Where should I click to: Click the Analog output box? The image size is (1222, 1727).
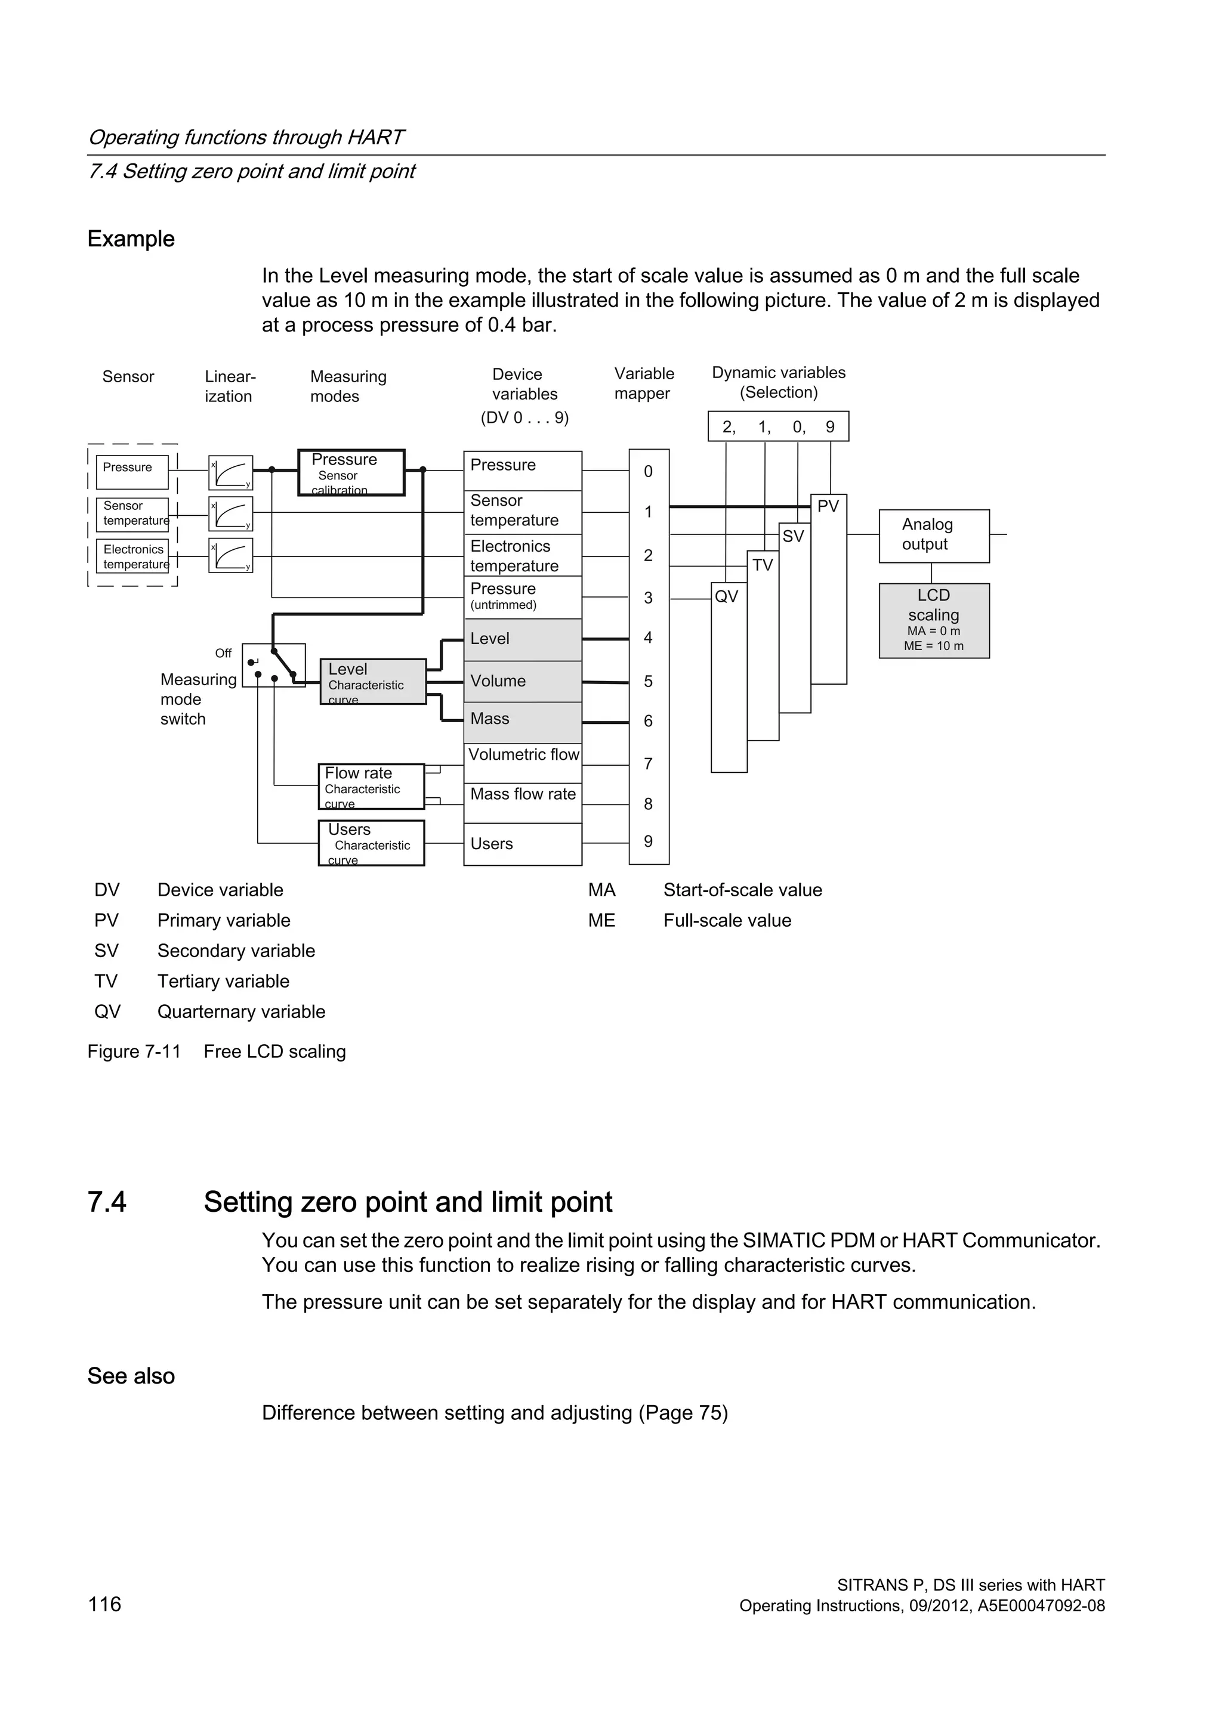click(x=934, y=536)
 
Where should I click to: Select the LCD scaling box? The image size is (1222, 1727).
click(x=934, y=621)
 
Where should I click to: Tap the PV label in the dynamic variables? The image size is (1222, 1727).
click(x=828, y=506)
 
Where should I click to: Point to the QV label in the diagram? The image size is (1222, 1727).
click(x=726, y=596)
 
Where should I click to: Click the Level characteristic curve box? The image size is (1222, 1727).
click(x=373, y=682)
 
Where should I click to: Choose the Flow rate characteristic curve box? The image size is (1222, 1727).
click(x=371, y=786)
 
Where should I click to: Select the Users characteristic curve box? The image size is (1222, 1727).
click(x=371, y=843)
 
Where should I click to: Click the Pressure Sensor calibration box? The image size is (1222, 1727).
click(x=351, y=472)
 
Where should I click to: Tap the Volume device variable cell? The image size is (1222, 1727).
click(x=523, y=682)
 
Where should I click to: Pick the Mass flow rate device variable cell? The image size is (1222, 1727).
click(x=523, y=794)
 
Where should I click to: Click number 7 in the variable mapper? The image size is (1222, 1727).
click(x=648, y=765)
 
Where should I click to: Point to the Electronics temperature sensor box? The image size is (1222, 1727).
click(x=132, y=556)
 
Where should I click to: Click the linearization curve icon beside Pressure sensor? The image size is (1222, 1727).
click(x=230, y=472)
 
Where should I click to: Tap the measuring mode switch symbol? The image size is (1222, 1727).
click(x=274, y=665)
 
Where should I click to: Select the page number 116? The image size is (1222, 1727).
click(x=104, y=1604)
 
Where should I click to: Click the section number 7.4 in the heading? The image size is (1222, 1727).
click(x=107, y=1202)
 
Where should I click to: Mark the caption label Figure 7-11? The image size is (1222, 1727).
click(x=134, y=1051)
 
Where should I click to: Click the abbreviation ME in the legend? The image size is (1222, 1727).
click(x=601, y=921)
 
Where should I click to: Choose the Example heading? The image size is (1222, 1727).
click(x=131, y=239)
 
